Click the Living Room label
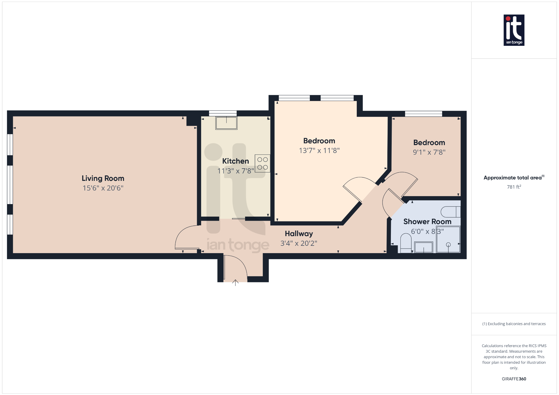(103, 178)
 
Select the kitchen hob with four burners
(262, 163)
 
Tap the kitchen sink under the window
(226, 123)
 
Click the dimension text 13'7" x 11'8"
(319, 151)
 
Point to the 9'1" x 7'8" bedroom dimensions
(429, 152)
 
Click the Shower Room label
(427, 222)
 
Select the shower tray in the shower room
(448, 240)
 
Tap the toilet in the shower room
(406, 243)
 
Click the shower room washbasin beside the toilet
(424, 247)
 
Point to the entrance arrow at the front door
(235, 283)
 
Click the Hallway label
(299, 234)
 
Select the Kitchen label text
(235, 161)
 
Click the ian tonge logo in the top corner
(514, 30)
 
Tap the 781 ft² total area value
(514, 187)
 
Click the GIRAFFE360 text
(514, 379)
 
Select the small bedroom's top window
(423, 114)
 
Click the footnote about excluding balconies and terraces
(514, 324)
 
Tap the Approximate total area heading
(513, 178)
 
